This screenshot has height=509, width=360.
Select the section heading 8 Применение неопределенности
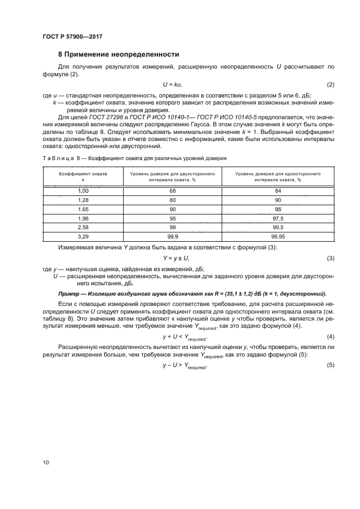coord(119,54)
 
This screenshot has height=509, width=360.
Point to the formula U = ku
coord(173,85)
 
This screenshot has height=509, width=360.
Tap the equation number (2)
coord(330,85)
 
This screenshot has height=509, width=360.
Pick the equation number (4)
coord(330,337)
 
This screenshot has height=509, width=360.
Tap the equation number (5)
coord(330,366)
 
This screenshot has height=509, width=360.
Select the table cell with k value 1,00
coord(83,191)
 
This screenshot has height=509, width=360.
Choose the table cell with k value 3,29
coord(83,237)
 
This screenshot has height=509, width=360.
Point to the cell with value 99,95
coord(278,237)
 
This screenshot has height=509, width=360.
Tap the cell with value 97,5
coord(278,218)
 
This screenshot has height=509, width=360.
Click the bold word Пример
coord(70,293)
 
